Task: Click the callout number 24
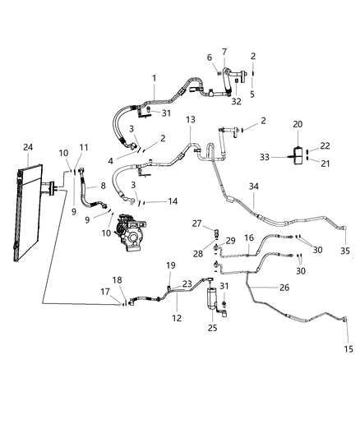(x=29, y=148)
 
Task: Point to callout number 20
(x=297, y=124)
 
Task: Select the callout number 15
(x=348, y=349)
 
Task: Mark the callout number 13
(x=190, y=120)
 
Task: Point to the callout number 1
(x=154, y=78)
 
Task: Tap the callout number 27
(x=196, y=223)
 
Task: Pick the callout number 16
(x=248, y=237)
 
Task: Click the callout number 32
(x=236, y=102)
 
